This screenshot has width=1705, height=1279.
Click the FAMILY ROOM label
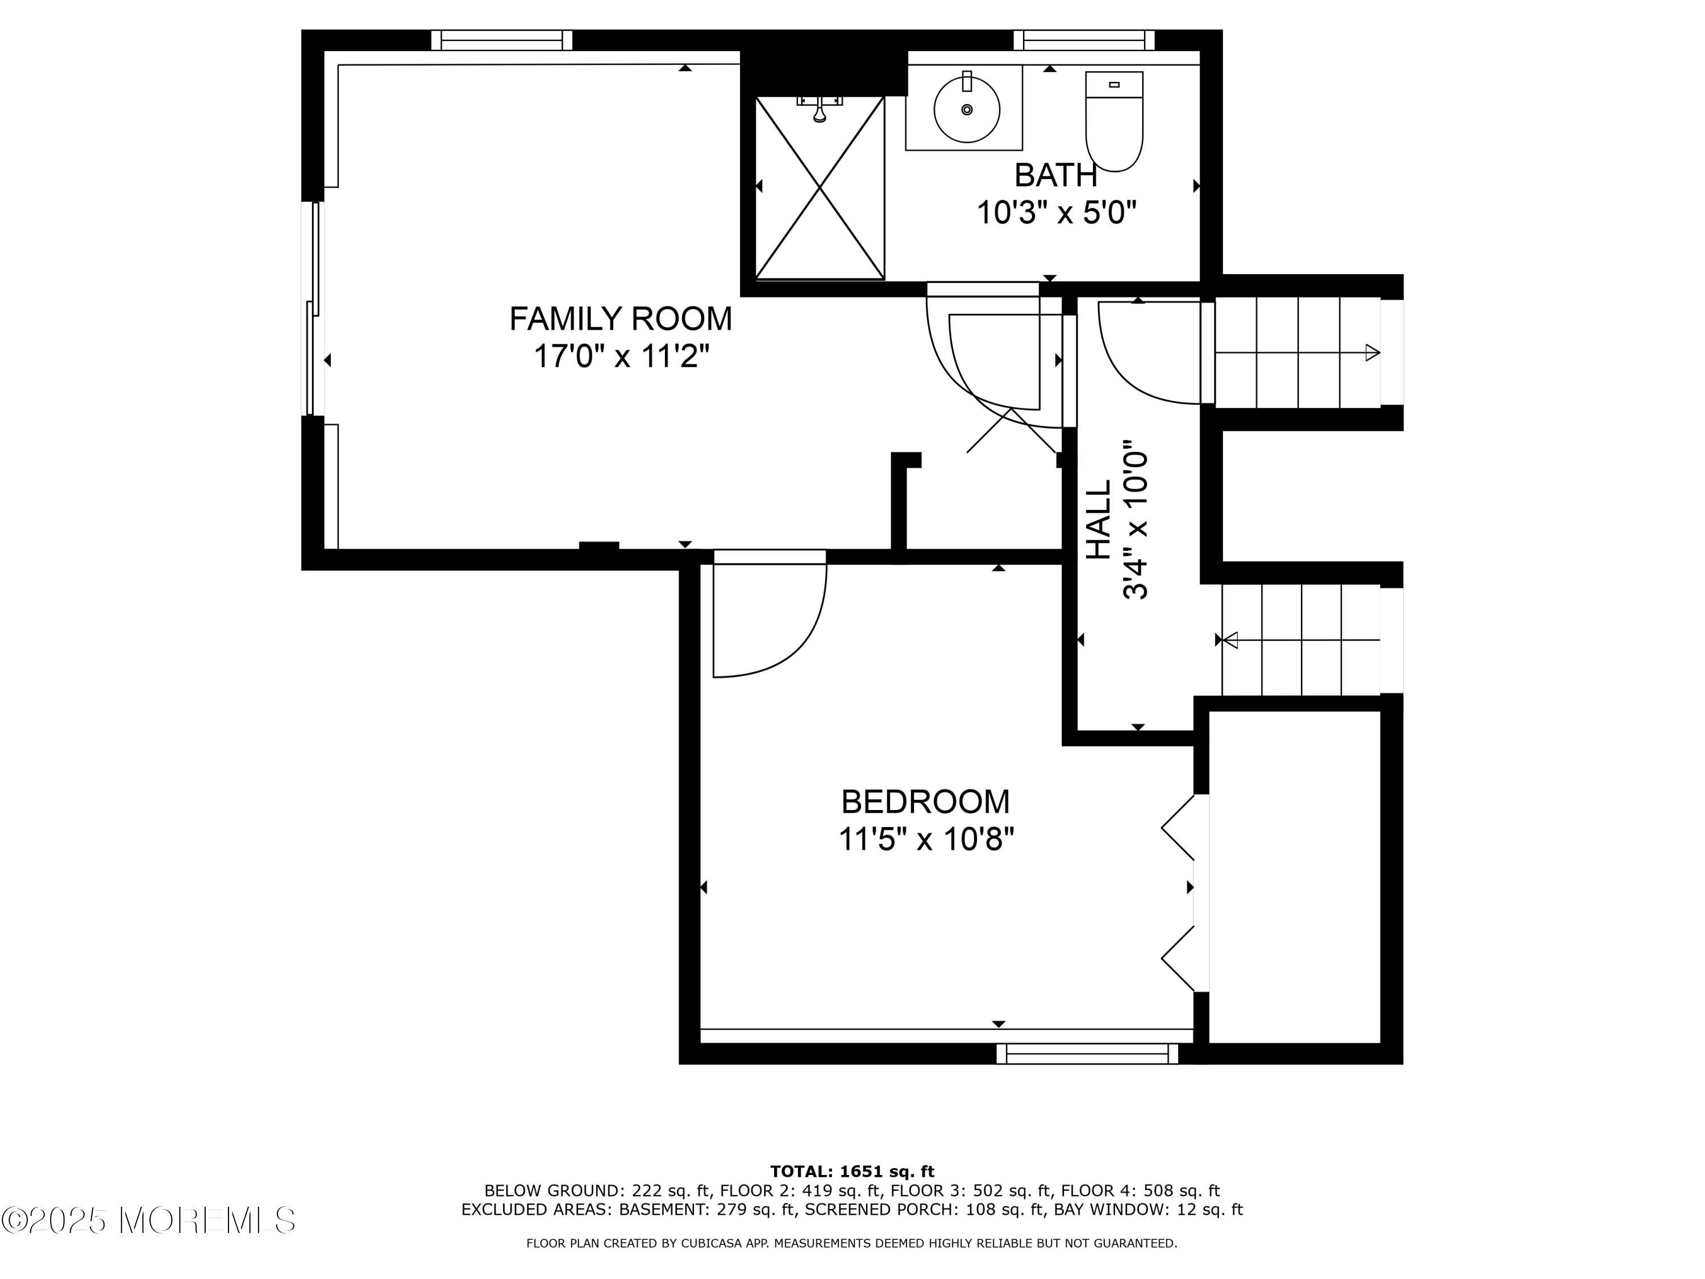click(621, 318)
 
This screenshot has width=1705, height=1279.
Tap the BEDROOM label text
click(925, 802)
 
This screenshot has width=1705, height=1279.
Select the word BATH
click(1055, 175)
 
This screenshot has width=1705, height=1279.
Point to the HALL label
click(1099, 520)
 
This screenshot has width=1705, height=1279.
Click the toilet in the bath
click(1114, 121)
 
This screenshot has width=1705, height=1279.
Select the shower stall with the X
click(820, 188)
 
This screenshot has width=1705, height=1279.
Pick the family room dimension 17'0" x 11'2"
click(621, 357)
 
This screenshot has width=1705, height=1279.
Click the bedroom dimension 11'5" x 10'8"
click(926, 840)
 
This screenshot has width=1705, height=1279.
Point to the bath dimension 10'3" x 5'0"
click(1057, 212)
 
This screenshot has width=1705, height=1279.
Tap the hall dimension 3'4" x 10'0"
click(1136, 520)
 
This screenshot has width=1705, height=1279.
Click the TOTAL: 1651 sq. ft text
click(852, 1172)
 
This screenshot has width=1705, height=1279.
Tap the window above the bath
click(1084, 40)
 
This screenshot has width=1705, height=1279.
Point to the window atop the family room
click(502, 40)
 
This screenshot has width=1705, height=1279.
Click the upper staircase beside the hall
click(1298, 352)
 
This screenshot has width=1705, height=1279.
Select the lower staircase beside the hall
click(1300, 640)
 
